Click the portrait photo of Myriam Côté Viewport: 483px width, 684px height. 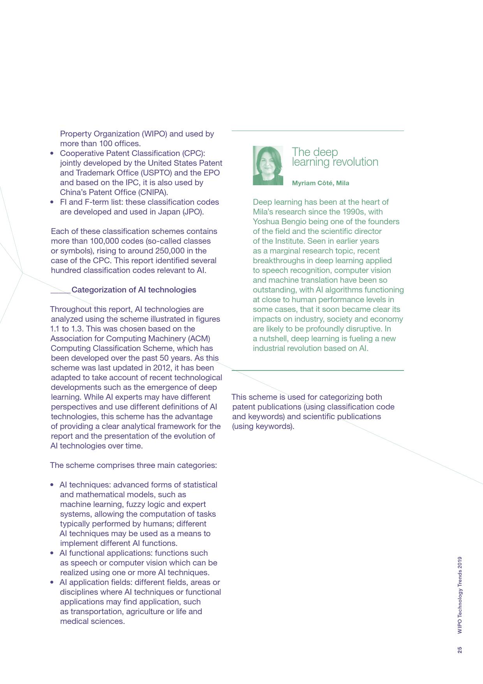[x=268, y=165]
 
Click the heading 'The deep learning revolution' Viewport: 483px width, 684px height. [x=335, y=157]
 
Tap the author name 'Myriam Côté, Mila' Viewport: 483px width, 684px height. [x=320, y=183]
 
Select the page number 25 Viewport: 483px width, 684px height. [x=460, y=650]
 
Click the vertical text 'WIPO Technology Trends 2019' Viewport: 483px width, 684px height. [x=460, y=595]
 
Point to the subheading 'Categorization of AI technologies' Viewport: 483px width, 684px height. [x=134, y=290]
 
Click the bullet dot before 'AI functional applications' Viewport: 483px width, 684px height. [x=52, y=553]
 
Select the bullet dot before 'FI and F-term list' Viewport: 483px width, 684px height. [x=52, y=202]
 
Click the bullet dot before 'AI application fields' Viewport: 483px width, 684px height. [x=52, y=582]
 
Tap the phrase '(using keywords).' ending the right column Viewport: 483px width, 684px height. [x=263, y=426]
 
